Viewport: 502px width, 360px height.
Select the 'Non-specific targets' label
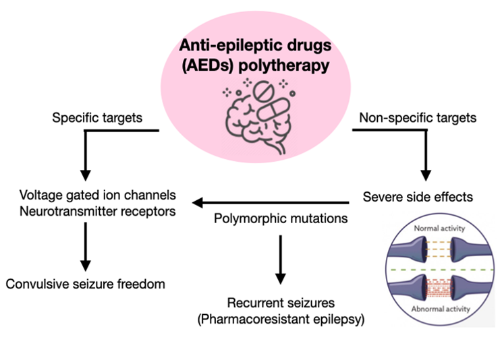(x=419, y=118)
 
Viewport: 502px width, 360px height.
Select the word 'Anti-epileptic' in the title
(x=217, y=46)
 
